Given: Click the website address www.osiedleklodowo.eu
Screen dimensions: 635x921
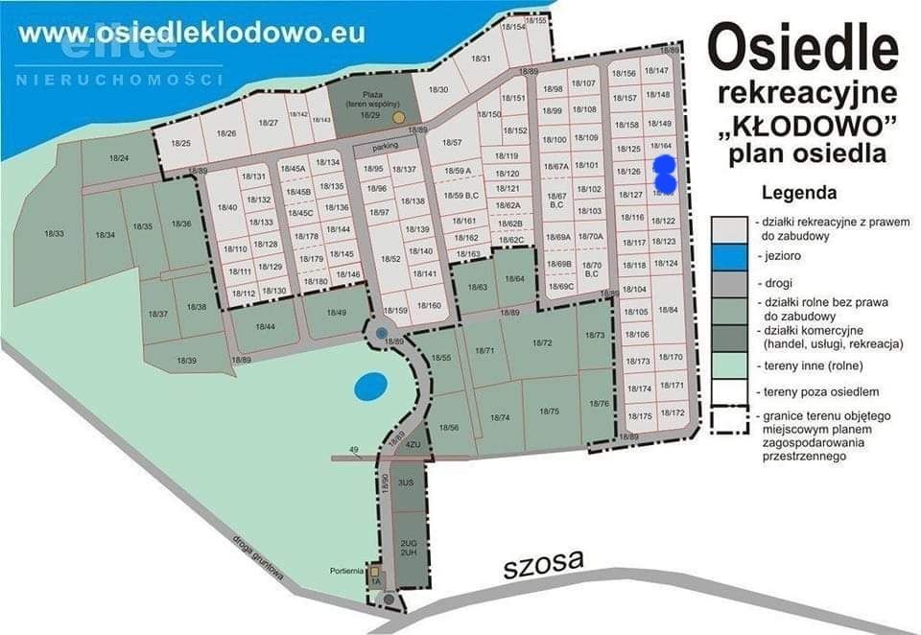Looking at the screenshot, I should (192, 32).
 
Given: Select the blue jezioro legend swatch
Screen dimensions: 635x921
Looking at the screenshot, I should (728, 256).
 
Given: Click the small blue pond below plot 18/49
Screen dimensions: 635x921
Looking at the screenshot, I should (370, 387).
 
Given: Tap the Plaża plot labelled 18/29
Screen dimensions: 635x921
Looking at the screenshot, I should (370, 106).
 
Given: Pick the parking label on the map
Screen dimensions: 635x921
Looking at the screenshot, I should (386, 148).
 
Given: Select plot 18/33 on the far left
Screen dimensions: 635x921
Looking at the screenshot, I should (54, 233).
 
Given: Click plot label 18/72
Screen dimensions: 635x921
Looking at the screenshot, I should (542, 342).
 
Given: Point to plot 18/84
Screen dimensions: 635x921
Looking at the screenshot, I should (669, 309).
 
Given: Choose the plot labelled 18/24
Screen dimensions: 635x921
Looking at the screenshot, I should (119, 157).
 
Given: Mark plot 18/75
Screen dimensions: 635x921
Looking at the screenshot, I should (549, 411).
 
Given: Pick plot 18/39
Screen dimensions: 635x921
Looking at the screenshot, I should (187, 361).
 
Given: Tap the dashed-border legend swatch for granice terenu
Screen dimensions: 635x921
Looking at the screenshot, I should (728, 420).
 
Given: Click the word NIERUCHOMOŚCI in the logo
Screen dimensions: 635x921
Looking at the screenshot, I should (120, 79).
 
